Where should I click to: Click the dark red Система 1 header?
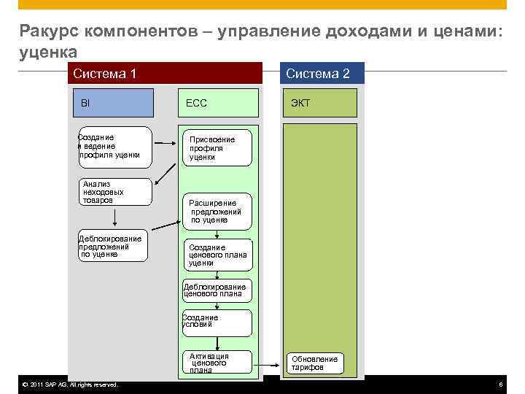tap(165, 73)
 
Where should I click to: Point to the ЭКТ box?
tap(321, 103)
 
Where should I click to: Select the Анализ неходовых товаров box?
tap(115, 191)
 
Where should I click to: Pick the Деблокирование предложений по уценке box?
tap(112, 247)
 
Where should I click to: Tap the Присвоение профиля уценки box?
tap(217, 148)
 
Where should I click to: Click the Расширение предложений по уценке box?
tap(217, 211)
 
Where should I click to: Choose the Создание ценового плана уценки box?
tap(217, 255)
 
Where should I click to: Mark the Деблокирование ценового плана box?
tap(217, 290)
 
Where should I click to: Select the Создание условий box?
tap(217, 322)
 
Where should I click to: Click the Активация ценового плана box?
tap(217, 363)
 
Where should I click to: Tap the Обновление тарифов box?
tap(315, 363)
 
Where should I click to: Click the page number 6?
tap(500, 385)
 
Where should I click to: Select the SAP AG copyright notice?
tap(70, 385)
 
